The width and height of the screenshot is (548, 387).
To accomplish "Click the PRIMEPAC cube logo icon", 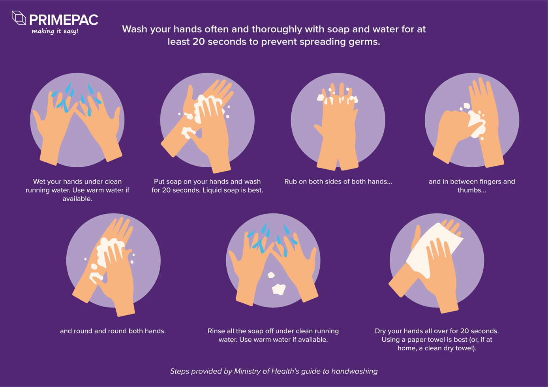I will click(19, 18).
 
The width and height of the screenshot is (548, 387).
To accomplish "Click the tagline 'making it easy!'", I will click(55, 31).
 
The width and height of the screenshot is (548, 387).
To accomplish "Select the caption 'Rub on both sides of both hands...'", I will click(338, 181).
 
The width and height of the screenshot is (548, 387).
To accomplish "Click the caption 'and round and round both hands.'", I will click(113, 331).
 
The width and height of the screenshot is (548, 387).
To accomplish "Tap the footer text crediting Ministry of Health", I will click(274, 371).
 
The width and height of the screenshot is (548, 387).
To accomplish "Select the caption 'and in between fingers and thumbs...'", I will click(472, 186).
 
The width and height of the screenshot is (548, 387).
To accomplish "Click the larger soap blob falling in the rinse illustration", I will click(279, 290).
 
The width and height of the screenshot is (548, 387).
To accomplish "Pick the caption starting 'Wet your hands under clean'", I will click(77, 190).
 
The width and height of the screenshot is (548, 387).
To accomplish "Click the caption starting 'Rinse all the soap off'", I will click(273, 335).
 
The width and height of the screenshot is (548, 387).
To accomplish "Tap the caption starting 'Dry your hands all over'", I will click(437, 339).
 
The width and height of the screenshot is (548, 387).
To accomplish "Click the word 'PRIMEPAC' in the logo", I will click(64, 20).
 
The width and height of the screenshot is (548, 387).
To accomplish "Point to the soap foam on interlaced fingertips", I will click(338, 98).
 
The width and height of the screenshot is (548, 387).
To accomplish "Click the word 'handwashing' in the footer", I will click(354, 371).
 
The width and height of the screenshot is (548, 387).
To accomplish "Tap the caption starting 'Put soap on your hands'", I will click(207, 186).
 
